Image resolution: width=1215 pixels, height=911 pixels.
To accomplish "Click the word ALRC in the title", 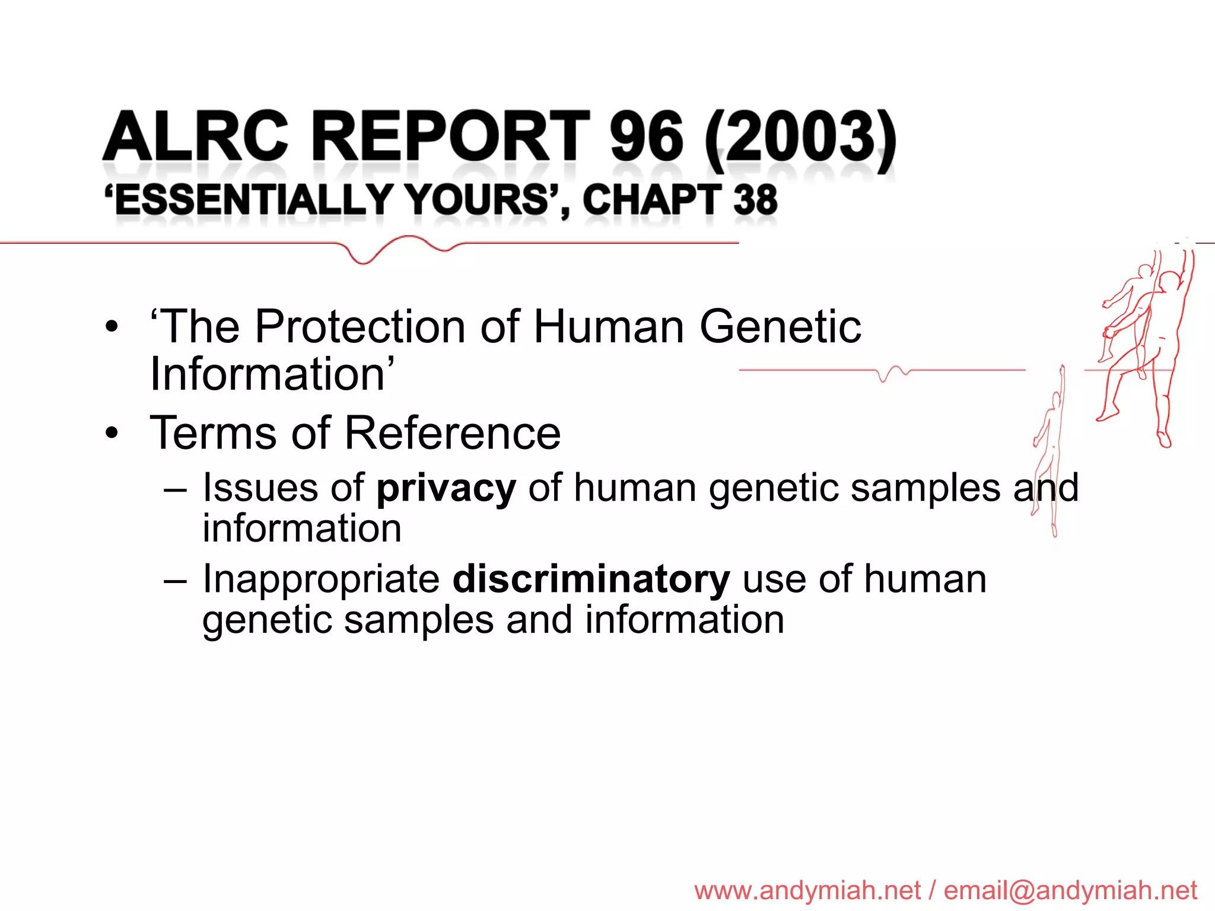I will point(196,137).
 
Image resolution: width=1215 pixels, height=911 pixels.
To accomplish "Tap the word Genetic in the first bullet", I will point(780,327).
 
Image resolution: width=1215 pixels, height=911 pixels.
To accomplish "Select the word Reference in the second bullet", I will point(452,433).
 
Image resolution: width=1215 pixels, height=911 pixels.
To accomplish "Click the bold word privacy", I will point(446,488).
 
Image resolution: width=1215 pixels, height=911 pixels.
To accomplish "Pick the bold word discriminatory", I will point(591,579).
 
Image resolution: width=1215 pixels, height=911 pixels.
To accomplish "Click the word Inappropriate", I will point(321,579).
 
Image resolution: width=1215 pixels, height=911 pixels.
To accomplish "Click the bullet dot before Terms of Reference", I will point(112,434).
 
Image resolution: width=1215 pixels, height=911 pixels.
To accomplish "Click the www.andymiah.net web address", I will point(807,890).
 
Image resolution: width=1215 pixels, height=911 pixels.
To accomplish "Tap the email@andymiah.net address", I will point(1070,890).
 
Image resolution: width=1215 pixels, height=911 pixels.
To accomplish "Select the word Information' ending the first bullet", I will point(272,374).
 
